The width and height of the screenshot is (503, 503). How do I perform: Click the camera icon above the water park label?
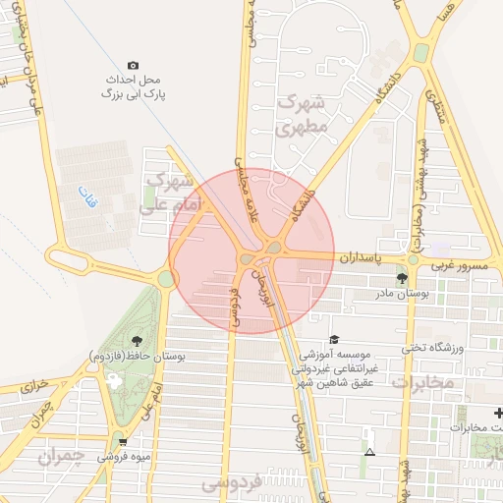[134, 65]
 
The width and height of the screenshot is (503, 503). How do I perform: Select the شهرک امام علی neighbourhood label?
[167, 195]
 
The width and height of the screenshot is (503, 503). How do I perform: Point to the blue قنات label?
[87, 194]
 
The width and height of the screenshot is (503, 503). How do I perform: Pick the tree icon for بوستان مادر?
[402, 279]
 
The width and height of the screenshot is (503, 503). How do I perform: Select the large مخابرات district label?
[424, 381]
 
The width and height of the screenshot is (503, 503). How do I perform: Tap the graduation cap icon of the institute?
[335, 340]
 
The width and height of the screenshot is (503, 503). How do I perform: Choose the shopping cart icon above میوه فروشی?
[123, 442]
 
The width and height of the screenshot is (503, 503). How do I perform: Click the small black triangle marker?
[370, 452]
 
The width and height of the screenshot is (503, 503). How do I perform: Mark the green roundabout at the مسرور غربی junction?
[414, 259]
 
